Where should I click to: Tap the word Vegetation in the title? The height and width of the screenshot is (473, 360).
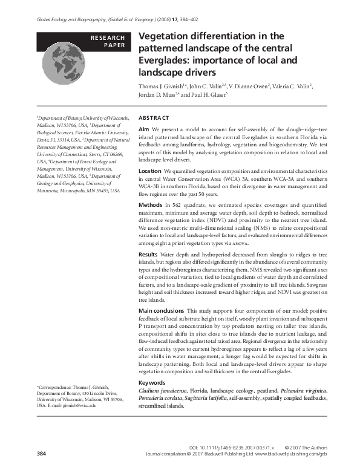point(163,38)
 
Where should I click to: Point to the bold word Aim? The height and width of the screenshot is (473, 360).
point(143,129)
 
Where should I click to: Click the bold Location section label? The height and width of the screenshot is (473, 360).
point(151,172)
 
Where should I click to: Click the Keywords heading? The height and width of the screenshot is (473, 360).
point(152,383)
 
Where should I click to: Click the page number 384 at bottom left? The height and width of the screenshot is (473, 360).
point(41,452)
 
